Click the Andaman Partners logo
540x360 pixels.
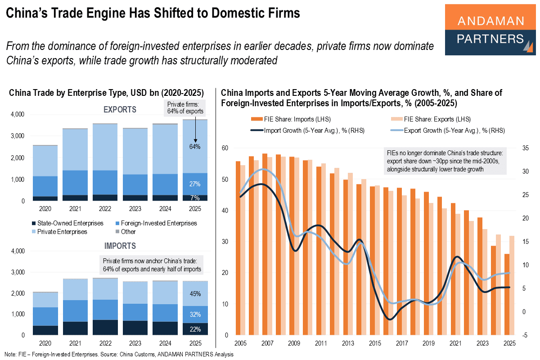(490, 30)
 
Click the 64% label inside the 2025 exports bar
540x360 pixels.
(195, 147)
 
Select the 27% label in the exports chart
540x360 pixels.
(195, 184)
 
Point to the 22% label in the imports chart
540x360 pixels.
(195, 329)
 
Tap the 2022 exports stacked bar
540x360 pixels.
(104, 162)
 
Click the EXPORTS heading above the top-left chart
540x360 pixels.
(120, 109)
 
